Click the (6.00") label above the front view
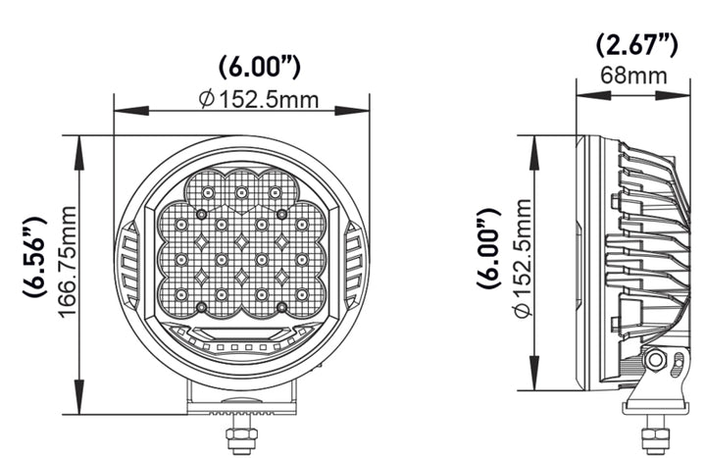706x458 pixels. [x=258, y=68]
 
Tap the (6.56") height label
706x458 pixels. [x=34, y=253]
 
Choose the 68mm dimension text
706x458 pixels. [x=633, y=75]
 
